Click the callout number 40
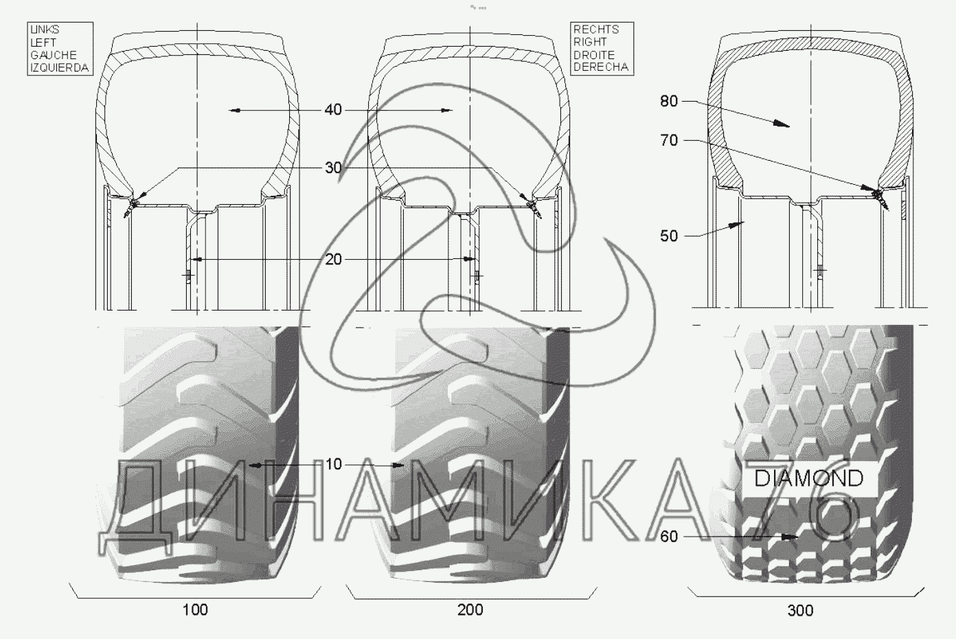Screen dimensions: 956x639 [333, 110]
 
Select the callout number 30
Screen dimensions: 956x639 [333, 168]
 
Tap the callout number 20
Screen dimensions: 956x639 [333, 259]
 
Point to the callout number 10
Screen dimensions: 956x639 [333, 464]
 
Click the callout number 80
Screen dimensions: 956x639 [669, 101]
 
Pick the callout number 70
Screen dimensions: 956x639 [669, 140]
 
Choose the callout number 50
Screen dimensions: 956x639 [669, 236]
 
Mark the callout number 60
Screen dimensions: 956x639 [669, 537]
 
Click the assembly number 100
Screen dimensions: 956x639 [195, 610]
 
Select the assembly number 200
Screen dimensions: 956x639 [470, 610]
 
